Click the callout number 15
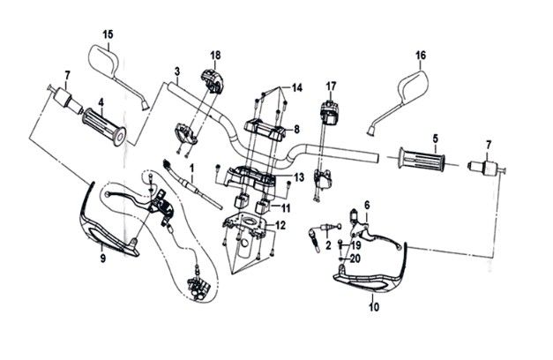tap(108, 34)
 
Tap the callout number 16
tap(421, 55)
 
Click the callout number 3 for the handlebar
tap(176, 71)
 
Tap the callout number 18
tap(213, 56)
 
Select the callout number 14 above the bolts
tap(296, 87)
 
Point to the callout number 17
tap(332, 86)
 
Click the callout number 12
tap(280, 225)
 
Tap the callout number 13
tap(300, 177)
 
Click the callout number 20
tap(356, 259)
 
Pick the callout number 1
tap(191, 168)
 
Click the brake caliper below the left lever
tap(198, 286)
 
